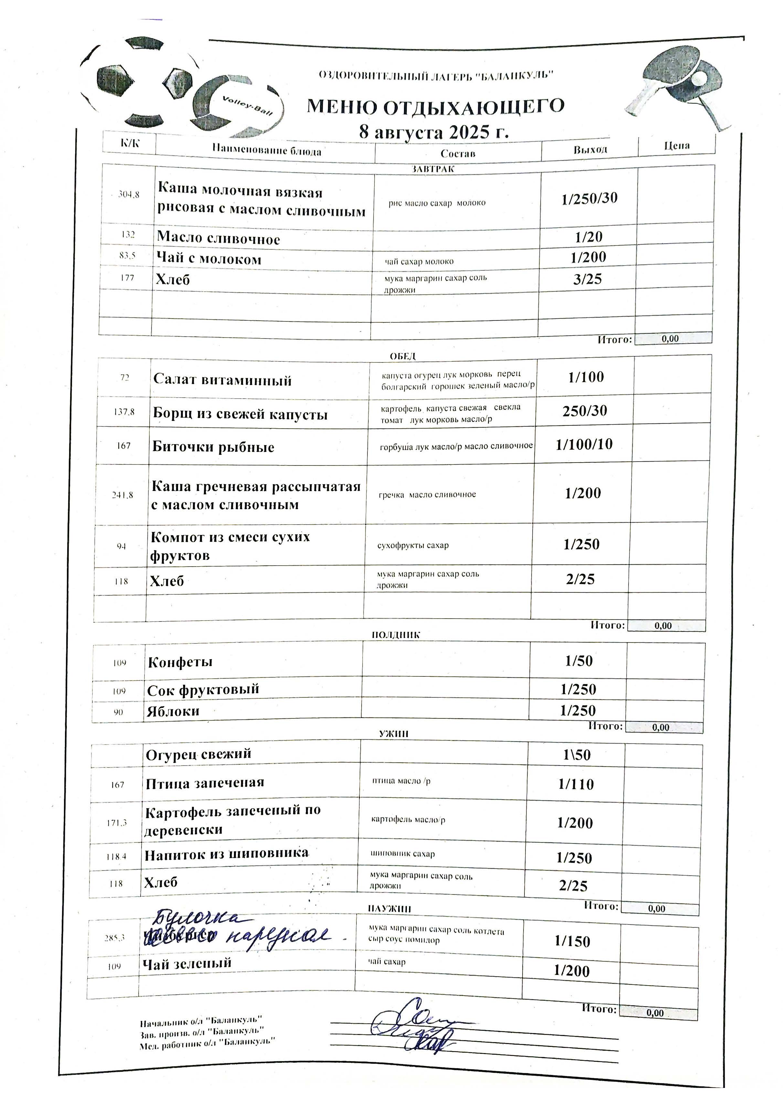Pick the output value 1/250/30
589,198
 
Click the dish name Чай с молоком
208,259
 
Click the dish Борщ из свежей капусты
240,414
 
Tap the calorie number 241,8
122,495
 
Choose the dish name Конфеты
180,662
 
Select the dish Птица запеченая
205,782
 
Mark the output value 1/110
576,784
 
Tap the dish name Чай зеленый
187,963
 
